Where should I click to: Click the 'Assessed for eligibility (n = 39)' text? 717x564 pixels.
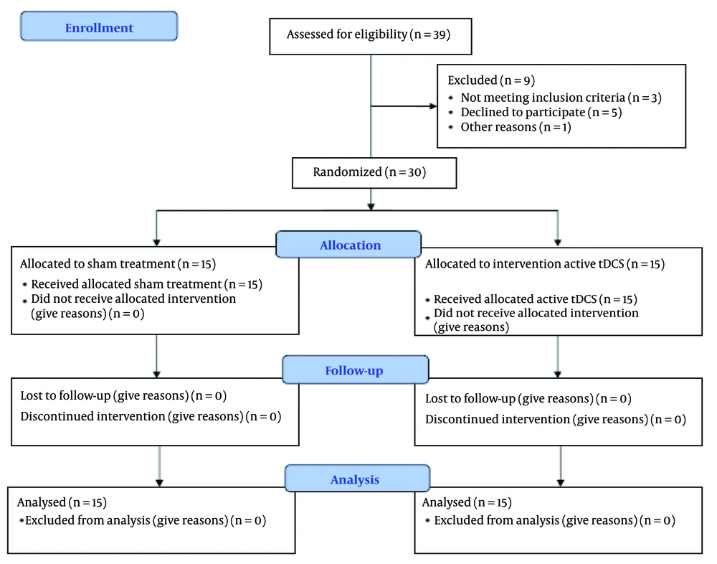[x=369, y=34]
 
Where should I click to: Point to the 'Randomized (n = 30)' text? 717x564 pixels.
[x=369, y=172]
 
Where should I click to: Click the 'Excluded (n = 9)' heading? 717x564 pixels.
[x=491, y=80]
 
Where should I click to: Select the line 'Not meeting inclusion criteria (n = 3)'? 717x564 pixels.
[x=561, y=98]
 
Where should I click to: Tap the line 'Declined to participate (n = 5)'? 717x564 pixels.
[x=541, y=113]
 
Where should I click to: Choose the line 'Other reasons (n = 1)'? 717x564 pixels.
[x=516, y=127]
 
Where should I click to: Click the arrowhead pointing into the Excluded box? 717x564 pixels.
[x=434, y=106]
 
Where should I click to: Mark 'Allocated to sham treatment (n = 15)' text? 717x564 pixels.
[x=118, y=264]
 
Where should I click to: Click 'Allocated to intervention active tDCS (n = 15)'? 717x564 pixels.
[x=545, y=264]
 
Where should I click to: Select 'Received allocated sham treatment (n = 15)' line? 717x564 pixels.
[x=147, y=284]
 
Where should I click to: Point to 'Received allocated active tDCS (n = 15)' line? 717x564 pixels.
[x=536, y=299]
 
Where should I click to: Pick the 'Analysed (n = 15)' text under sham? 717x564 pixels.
[x=62, y=503]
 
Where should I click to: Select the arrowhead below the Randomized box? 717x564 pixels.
[x=371, y=207]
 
